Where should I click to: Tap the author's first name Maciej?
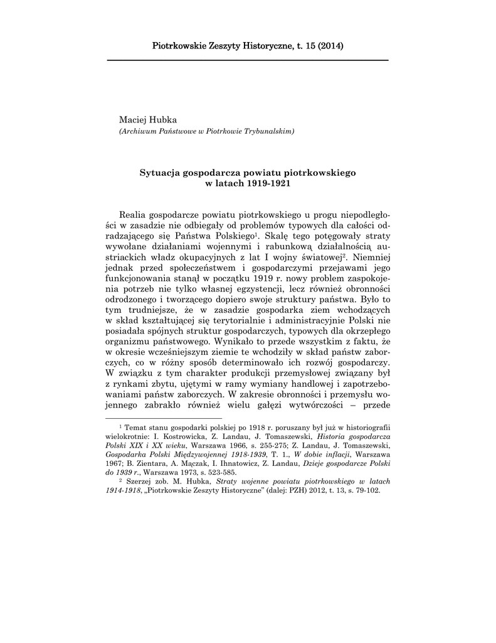(132, 119)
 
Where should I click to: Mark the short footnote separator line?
(164, 418)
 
